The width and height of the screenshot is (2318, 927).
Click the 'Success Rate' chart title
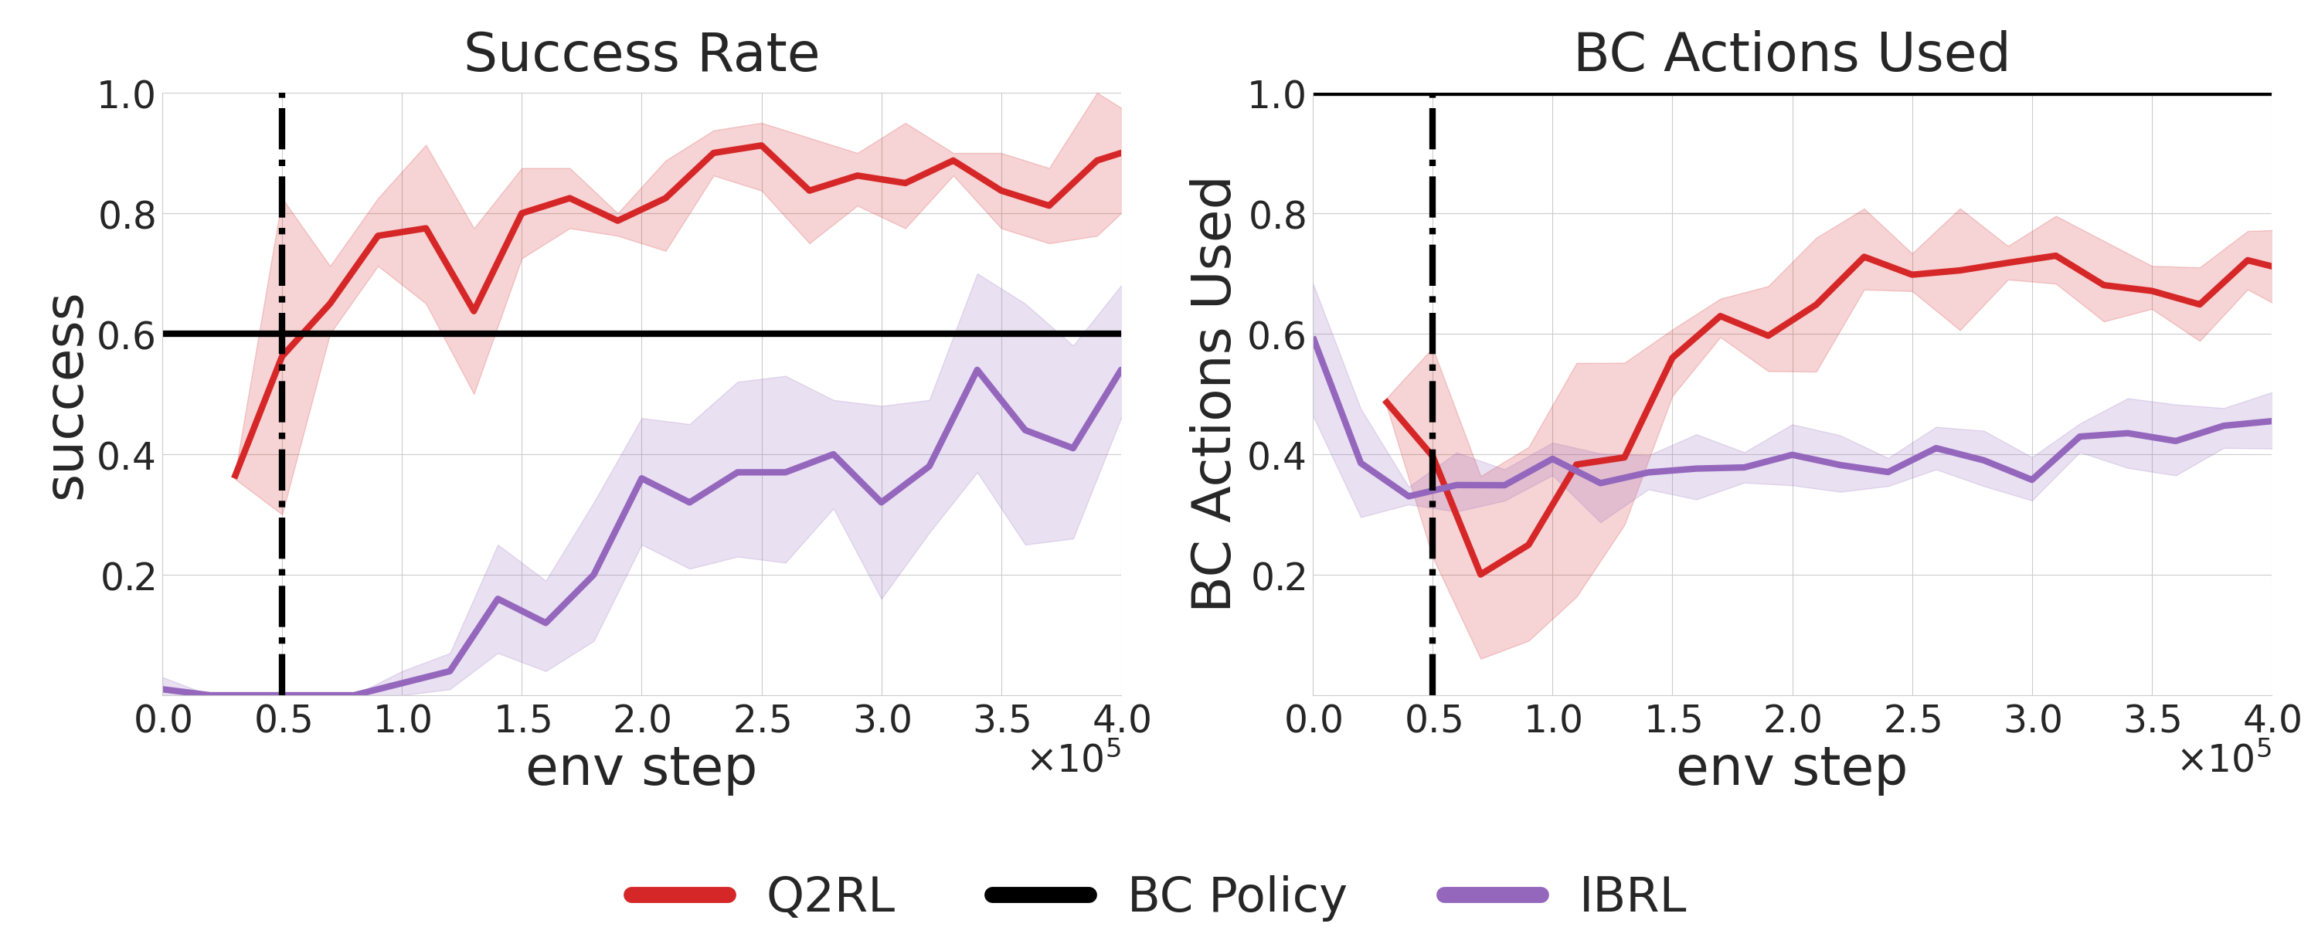(641, 53)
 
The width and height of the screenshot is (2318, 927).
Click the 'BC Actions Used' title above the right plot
(1792, 53)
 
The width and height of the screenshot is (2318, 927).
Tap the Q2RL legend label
(831, 895)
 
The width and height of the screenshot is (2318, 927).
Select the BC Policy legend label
(1237, 896)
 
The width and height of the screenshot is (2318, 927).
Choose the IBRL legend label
(1633, 895)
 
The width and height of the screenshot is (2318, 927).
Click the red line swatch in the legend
(680, 895)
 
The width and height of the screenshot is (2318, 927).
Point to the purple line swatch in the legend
(1493, 895)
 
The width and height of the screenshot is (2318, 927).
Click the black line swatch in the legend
(1041, 895)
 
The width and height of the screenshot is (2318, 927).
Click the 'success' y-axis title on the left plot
(66, 396)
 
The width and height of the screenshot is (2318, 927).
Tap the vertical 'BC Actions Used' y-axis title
(1212, 394)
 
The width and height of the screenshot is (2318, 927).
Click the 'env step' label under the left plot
(641, 768)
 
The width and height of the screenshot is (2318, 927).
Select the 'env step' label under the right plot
(1792, 768)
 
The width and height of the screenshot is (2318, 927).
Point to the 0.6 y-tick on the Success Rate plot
(126, 336)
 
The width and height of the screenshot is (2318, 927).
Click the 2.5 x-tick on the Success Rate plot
(762, 720)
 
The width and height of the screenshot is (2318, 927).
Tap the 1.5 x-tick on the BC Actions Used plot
(1673, 720)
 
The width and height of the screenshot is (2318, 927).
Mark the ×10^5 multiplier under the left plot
(1075, 758)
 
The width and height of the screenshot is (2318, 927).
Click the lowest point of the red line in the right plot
(1480, 575)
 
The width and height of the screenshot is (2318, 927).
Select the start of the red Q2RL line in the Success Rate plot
(235, 477)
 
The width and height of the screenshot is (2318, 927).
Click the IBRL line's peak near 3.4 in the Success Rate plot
(977, 369)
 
